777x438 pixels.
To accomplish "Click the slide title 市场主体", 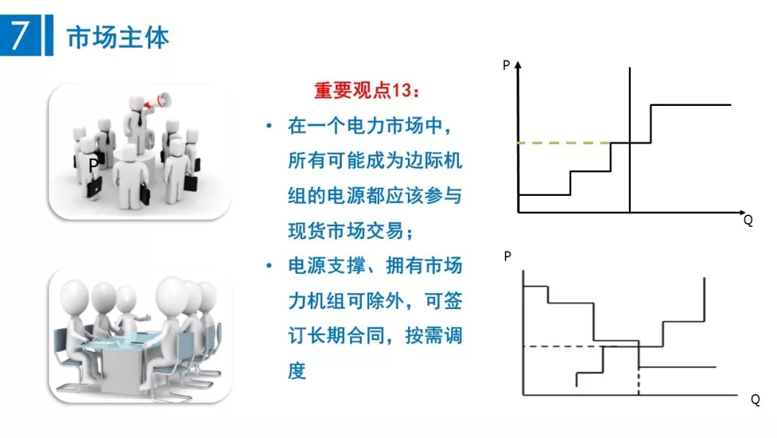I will click(118, 37).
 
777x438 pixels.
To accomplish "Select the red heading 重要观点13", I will click(365, 91).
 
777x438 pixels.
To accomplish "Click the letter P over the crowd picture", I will click(93, 165).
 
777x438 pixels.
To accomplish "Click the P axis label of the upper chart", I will click(506, 66).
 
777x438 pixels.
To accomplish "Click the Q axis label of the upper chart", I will click(748, 221).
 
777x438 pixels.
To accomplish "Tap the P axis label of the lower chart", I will click(507, 256).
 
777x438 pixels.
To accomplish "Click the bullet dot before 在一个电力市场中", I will click(269, 127).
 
